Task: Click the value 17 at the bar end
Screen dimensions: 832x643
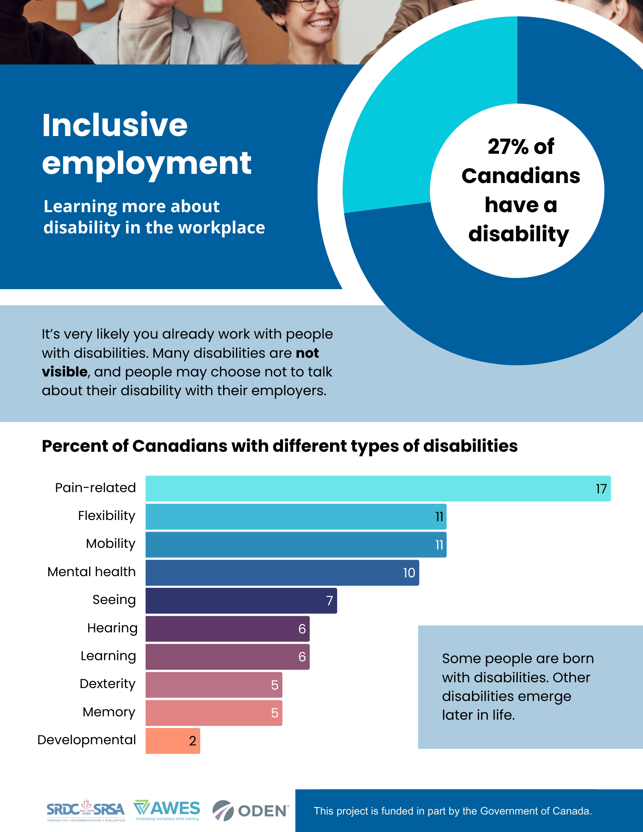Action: coord(601,489)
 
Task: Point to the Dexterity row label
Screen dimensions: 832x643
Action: coord(107,684)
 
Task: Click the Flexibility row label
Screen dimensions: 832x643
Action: coord(107,516)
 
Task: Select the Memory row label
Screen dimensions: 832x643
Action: coord(109,712)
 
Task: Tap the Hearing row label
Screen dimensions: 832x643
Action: coord(112,628)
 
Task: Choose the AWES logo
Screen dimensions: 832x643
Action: coord(167,810)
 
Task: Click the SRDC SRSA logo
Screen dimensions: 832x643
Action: coord(86,810)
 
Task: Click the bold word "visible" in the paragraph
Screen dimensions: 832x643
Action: coord(65,372)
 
